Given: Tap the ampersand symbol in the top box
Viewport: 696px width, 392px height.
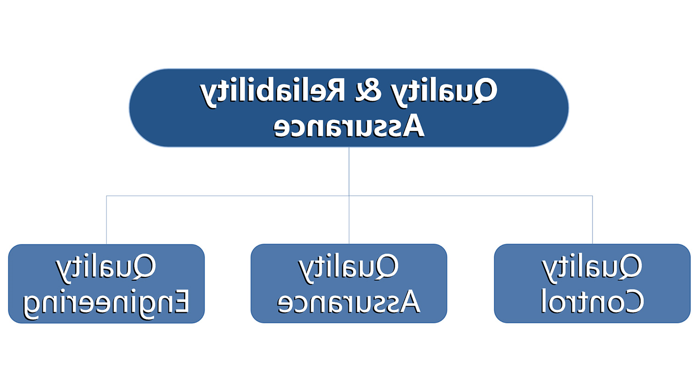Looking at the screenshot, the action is [x=368, y=90].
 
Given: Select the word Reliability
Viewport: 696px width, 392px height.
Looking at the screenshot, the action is [x=272, y=93].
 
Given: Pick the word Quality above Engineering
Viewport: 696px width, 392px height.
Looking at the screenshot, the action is [x=106, y=268].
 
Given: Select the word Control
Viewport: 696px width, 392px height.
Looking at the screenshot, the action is [x=593, y=301].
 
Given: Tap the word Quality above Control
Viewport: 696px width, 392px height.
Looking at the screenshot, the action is [x=592, y=268].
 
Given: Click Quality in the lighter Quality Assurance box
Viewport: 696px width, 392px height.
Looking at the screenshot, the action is [x=348, y=268].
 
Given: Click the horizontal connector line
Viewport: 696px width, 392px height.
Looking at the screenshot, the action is [x=349, y=196].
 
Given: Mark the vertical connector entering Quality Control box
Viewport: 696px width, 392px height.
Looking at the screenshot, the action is [x=593, y=219].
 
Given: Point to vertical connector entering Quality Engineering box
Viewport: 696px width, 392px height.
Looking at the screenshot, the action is [x=107, y=220].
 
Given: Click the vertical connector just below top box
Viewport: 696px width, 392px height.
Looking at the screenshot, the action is [x=349, y=171].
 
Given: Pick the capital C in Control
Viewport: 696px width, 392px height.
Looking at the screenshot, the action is [x=633, y=301].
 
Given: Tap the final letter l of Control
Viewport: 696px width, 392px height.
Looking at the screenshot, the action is [x=543, y=300].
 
